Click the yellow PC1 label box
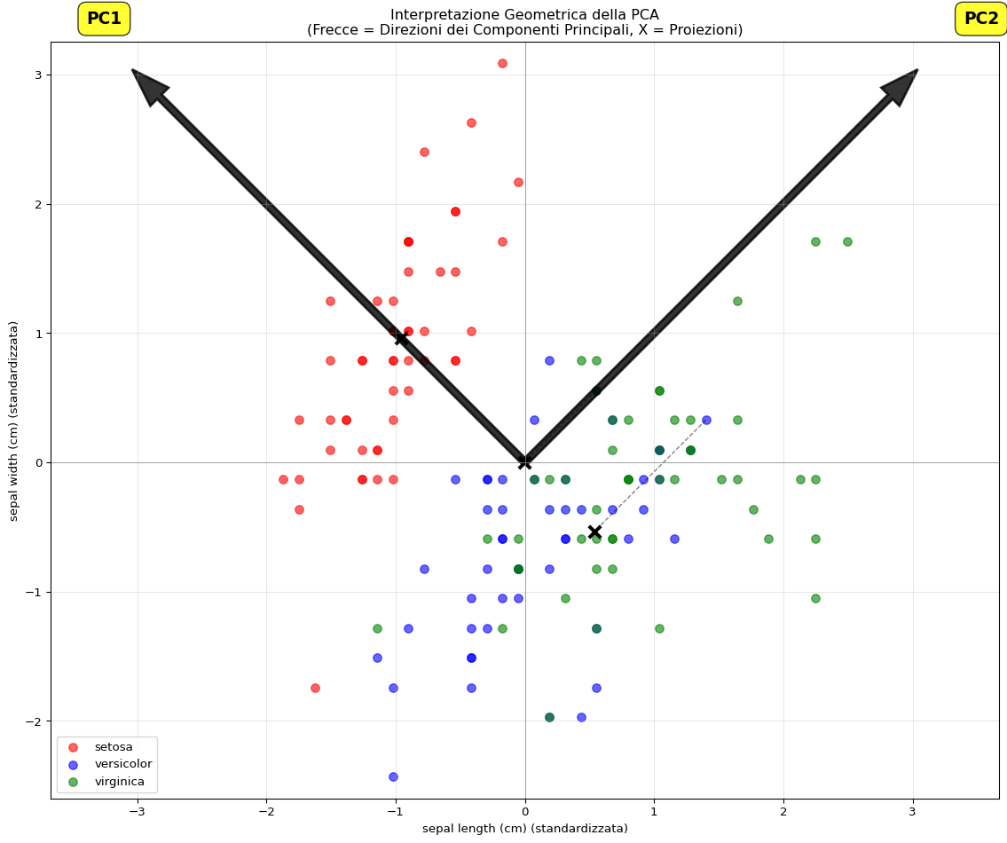click(104, 19)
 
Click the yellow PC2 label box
click(980, 19)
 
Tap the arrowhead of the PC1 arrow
click(147, 84)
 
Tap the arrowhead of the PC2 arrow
click(902, 84)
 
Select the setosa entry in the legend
click(113, 747)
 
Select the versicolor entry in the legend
click(122, 764)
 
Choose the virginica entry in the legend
click(120, 782)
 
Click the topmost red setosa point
click(502, 63)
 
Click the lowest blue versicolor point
click(393, 776)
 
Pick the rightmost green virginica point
click(847, 241)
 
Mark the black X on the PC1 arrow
click(401, 338)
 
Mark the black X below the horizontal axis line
click(594, 532)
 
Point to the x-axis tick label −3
click(137, 812)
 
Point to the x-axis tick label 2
click(783, 812)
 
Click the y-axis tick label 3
click(39, 75)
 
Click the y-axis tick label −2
click(35, 721)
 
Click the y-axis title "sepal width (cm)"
click(14, 421)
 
